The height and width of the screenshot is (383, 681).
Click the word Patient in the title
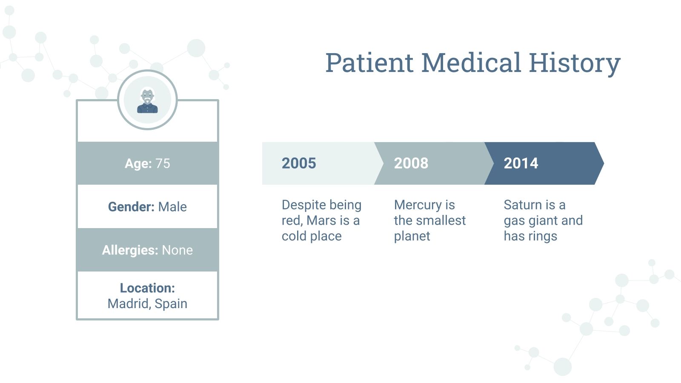[x=369, y=63]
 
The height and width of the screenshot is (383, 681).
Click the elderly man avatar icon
[x=147, y=101]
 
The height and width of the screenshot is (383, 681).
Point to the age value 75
[x=163, y=163]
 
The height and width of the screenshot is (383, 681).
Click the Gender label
[x=131, y=207]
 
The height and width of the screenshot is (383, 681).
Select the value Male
[x=172, y=207]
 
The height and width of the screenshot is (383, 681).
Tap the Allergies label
[x=130, y=250]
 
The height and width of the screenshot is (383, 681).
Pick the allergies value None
[x=177, y=250]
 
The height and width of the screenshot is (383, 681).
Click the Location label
[x=147, y=288]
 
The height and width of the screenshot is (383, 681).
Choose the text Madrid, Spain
[x=147, y=304]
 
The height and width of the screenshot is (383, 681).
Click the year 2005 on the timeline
[x=299, y=163]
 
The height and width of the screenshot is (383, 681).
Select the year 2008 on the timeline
[x=411, y=163]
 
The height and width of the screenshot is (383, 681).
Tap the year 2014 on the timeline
[x=521, y=163]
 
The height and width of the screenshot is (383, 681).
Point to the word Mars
[x=321, y=220]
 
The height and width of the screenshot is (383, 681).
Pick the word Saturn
[x=523, y=205]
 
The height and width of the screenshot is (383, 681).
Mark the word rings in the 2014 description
[x=543, y=236]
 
